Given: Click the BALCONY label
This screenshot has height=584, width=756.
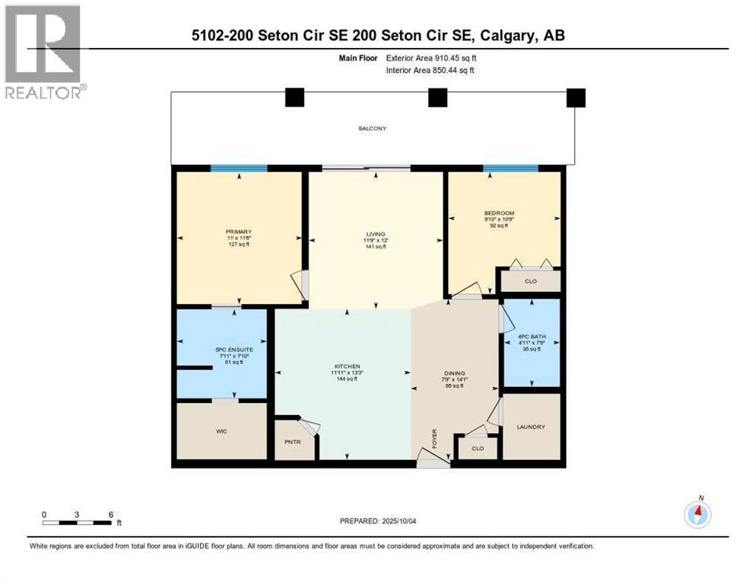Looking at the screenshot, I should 372,129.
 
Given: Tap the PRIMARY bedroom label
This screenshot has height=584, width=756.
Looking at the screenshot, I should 238,232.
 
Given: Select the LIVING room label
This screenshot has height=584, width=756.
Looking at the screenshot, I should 375,234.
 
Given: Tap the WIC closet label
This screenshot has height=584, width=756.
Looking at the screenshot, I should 221,431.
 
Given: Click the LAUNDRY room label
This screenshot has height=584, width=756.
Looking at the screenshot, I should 530,427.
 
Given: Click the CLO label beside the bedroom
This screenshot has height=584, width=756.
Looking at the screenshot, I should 530,281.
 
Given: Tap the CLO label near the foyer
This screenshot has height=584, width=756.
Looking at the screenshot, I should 477,449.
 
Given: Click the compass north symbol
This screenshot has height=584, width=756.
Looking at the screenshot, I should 697,514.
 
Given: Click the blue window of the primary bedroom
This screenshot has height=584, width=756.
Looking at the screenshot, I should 239,169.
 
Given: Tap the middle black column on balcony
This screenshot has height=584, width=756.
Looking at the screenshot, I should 437,97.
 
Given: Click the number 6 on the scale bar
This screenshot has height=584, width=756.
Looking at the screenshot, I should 111,514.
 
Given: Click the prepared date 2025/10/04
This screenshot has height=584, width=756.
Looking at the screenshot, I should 408,521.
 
